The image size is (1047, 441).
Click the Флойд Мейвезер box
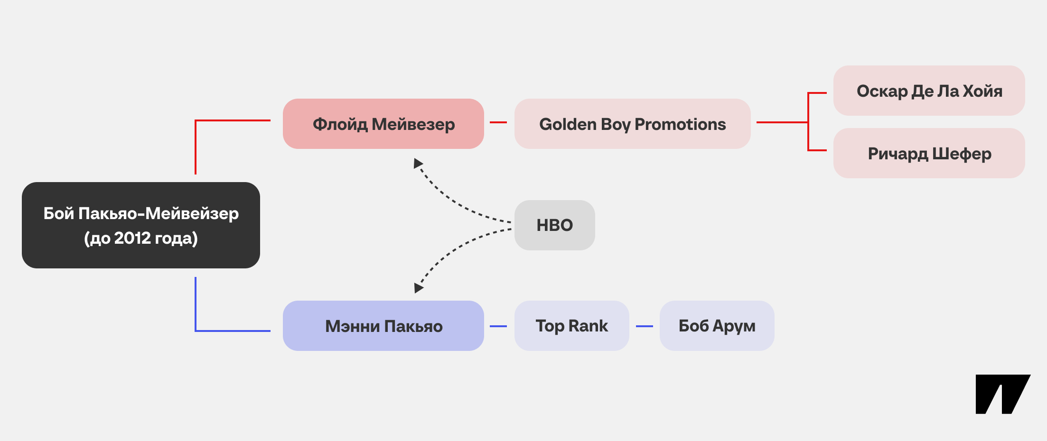click(x=383, y=124)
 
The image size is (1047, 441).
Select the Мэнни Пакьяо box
click(x=383, y=326)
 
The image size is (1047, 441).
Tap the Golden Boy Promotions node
click(x=633, y=124)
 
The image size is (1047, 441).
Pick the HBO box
click(x=555, y=225)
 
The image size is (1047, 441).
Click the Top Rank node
click(x=572, y=326)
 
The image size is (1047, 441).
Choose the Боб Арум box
click(x=717, y=326)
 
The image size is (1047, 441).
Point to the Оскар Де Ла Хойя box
click(x=929, y=91)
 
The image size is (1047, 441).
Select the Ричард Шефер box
click(x=929, y=153)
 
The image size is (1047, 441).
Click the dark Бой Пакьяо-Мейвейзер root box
click(x=141, y=225)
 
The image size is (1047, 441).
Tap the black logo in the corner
click(x=1002, y=394)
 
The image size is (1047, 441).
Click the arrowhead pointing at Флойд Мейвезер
click(x=418, y=164)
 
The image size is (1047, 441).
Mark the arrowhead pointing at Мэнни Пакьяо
click(x=418, y=288)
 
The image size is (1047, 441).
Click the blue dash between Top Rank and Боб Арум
click(x=645, y=326)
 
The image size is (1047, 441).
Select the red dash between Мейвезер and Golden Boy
click(x=498, y=122)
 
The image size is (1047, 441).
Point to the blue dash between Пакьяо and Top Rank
click(x=498, y=326)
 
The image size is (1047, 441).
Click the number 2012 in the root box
click(x=132, y=238)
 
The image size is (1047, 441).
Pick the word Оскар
click(x=882, y=91)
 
